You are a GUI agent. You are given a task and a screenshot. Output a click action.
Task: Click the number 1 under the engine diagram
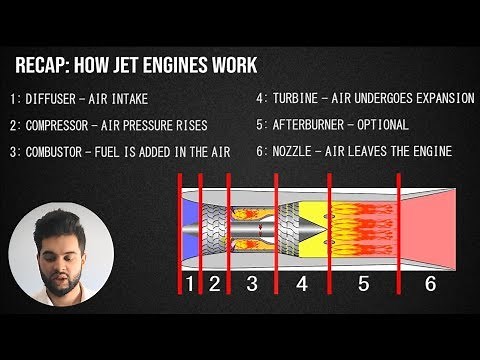pos(189,284)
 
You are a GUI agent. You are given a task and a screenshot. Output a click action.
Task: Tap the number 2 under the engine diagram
pos(214,284)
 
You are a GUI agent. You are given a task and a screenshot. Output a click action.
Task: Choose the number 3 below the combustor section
pos(251,284)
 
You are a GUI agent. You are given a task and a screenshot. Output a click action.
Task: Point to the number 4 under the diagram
pos(302,284)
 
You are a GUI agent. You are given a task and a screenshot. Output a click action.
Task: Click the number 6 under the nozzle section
pos(430,284)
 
